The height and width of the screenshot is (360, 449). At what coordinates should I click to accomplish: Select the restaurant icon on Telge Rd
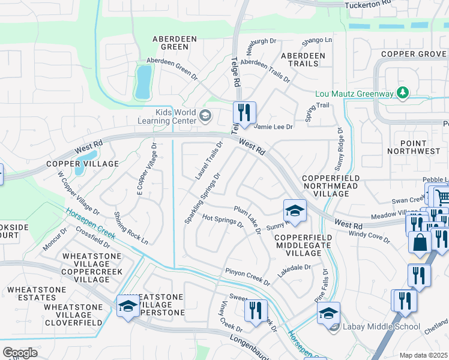[244, 112]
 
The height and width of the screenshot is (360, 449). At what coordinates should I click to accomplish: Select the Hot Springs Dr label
[222, 221]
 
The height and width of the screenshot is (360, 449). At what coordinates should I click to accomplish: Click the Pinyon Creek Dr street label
[248, 276]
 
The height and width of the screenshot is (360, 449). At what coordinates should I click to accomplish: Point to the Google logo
[20, 352]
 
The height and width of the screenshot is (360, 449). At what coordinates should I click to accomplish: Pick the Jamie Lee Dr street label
[273, 127]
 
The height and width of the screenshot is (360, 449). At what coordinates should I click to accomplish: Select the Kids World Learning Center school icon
[205, 115]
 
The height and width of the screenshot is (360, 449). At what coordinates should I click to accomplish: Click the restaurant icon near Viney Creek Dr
[255, 310]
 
